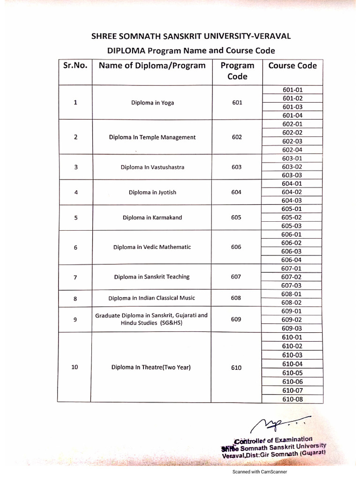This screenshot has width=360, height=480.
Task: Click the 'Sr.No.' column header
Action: pos(75,66)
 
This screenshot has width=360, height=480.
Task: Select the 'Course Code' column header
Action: pos(292,66)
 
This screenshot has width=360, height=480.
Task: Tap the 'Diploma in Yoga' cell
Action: pos(152,103)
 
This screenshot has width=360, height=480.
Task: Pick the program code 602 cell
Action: pos(237,137)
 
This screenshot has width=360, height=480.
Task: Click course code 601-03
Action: pos(292,107)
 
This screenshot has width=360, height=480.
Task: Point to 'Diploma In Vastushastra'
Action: pos(152,167)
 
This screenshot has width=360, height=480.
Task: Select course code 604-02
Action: pos(292,192)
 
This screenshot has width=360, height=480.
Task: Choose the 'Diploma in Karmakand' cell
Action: pos(152,217)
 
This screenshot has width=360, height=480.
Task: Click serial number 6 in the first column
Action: pos(75,247)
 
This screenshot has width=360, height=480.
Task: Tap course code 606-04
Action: pos(292,260)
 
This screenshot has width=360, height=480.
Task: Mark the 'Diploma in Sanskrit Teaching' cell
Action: pos(152,277)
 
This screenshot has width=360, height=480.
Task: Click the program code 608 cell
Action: pos(237,298)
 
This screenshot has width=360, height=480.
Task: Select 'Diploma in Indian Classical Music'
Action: pos(152,298)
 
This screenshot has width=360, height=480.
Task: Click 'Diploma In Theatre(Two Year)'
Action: pos(151,367)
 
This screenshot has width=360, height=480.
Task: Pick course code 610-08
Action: pos(292,399)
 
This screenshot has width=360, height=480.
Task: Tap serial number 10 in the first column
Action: pos(75,367)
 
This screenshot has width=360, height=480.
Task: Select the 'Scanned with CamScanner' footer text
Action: pos(260,472)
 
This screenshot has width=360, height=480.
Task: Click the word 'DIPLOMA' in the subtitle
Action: pos(123,51)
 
